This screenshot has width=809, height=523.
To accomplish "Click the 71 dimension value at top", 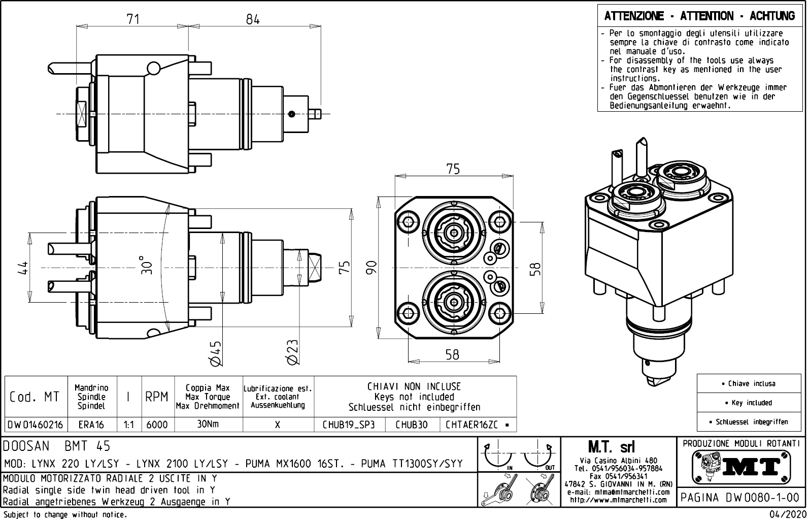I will pos(133,19).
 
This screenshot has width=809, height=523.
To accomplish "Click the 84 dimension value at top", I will pos(253,19).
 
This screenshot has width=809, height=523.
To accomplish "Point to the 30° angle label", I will pos(147,265).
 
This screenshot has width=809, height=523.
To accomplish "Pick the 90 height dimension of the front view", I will pos(372,268).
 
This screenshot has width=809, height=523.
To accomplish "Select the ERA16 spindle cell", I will pos(91,424).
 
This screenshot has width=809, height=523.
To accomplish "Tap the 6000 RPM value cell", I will pos(157,424).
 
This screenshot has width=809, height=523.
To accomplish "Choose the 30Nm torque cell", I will pos(208,424).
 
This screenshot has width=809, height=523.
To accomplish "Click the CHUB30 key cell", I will pos(412,424).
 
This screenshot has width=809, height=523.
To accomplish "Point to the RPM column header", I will pos(157,397).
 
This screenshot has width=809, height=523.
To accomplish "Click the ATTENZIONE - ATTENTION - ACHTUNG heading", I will pos(699,16).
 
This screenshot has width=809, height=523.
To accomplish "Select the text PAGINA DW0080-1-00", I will pos(740,497).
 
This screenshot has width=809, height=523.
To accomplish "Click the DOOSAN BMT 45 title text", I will pos(57,446).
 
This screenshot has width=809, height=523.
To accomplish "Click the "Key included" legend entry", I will pos(751,403).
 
